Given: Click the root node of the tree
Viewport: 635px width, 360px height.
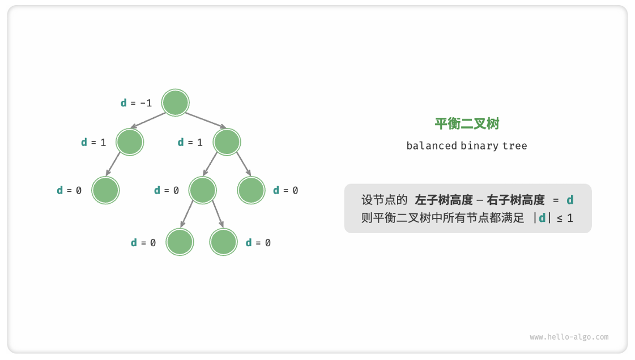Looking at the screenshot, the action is pyautogui.click(x=175, y=103).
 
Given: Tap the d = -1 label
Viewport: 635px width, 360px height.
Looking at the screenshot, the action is pyautogui.click(x=137, y=103).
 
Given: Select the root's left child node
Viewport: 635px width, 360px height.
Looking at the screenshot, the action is pyautogui.click(x=130, y=142).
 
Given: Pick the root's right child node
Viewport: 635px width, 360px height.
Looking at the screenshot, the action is pyautogui.click(x=227, y=142).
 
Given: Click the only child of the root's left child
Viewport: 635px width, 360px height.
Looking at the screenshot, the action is pyautogui.click(x=105, y=190).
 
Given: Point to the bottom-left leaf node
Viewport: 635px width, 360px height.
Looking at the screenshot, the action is pyautogui.click(x=180, y=242).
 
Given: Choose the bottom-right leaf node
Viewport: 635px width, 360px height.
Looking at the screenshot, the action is pyautogui.click(x=223, y=242).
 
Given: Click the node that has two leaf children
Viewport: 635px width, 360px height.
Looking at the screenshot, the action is pyautogui.click(x=203, y=190).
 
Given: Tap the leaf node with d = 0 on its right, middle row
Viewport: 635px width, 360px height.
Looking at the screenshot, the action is pyautogui.click(x=252, y=190).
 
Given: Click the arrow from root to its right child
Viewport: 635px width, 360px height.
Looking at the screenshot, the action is pyautogui.click(x=206, y=121).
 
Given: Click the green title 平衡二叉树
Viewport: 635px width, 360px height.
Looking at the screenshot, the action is pyautogui.click(x=467, y=124).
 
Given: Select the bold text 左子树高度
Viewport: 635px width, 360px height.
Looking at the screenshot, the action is pyautogui.click(x=444, y=200).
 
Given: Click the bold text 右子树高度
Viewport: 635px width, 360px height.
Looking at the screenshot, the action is pyautogui.click(x=515, y=200).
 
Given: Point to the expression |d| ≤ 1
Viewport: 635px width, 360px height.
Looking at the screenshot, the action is pyautogui.click(x=553, y=218).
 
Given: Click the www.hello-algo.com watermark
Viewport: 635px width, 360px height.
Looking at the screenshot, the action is pyautogui.click(x=569, y=337).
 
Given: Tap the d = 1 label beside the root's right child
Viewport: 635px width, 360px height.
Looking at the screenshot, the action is pyautogui.click(x=190, y=142).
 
